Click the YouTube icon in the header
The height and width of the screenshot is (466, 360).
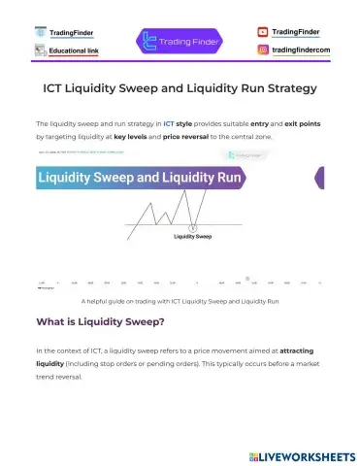click(263, 32)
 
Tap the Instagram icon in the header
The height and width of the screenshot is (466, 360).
click(263, 49)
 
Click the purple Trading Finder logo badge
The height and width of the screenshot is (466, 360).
click(180, 41)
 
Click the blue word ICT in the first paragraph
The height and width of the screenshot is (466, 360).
click(169, 124)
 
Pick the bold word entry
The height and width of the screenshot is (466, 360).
click(247, 124)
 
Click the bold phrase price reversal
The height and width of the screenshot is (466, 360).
click(184, 137)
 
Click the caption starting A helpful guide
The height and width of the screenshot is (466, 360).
click(180, 302)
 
